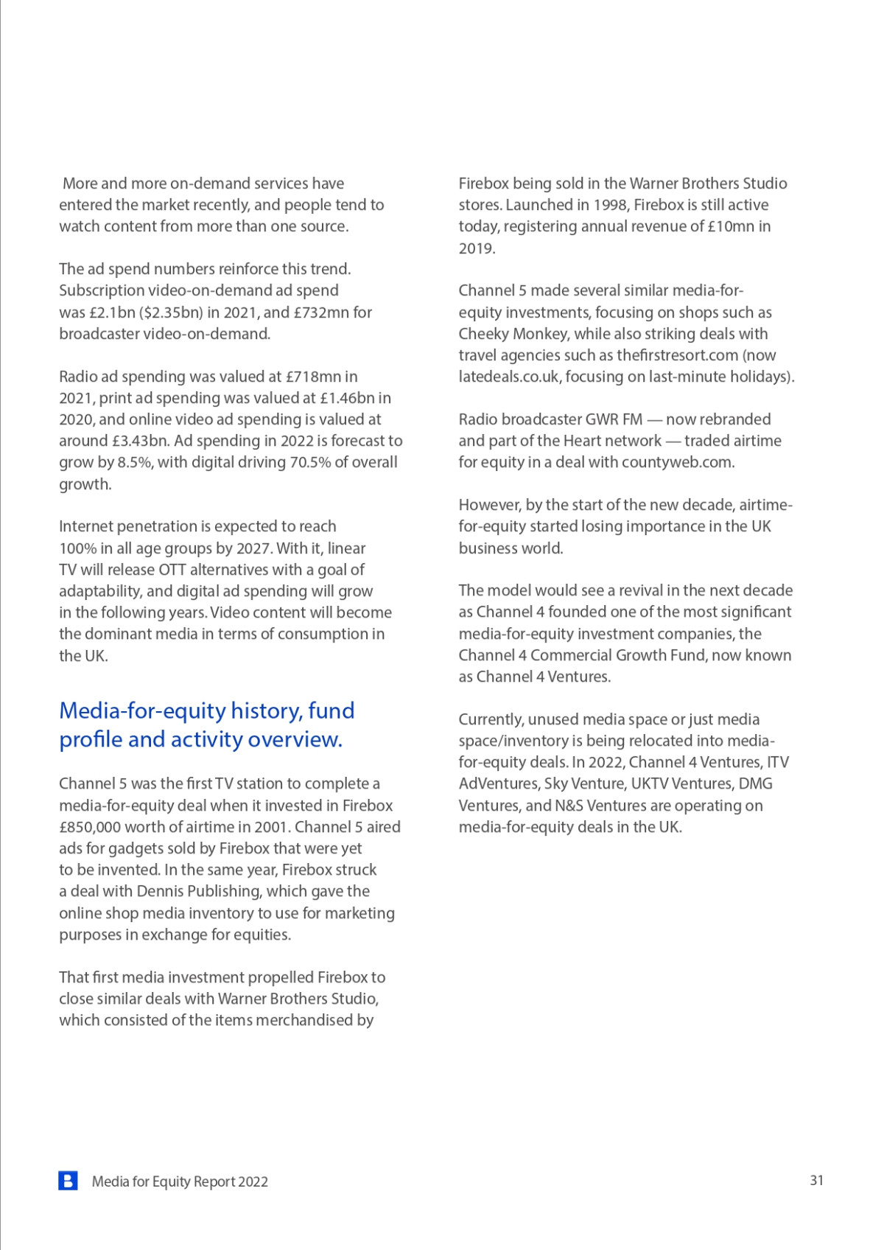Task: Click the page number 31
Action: pyautogui.click(x=816, y=1180)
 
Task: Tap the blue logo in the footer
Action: pyautogui.click(x=68, y=1181)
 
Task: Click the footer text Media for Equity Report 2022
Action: pyautogui.click(x=180, y=1181)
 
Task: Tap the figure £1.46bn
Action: pyautogui.click(x=347, y=398)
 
